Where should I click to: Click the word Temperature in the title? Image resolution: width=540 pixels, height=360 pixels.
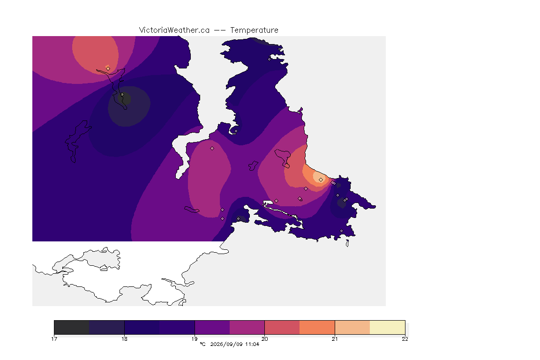pyautogui.click(x=254, y=30)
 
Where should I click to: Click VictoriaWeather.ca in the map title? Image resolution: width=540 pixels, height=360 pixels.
pyautogui.click(x=174, y=30)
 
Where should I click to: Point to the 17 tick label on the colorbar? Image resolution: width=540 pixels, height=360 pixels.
pyautogui.click(x=54, y=339)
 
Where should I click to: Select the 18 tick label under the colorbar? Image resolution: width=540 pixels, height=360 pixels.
pyautogui.click(x=124, y=339)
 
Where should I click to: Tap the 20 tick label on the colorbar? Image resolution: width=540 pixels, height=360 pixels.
pyautogui.click(x=264, y=339)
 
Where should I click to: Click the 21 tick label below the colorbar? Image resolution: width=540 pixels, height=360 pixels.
pyautogui.click(x=335, y=339)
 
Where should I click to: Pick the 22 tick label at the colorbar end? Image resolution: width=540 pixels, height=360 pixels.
pyautogui.click(x=405, y=339)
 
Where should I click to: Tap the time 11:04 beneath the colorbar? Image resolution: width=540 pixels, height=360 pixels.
pyautogui.click(x=252, y=344)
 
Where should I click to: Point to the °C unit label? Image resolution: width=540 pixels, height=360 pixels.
pyautogui.click(x=203, y=344)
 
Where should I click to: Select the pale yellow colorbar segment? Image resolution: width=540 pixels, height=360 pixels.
pyautogui.click(x=388, y=327)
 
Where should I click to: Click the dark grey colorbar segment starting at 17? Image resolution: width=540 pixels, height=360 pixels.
pyautogui.click(x=72, y=327)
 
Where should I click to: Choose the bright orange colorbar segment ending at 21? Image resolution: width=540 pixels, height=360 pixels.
pyautogui.click(x=317, y=327)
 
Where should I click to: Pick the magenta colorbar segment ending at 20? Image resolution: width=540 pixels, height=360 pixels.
pyautogui.click(x=247, y=327)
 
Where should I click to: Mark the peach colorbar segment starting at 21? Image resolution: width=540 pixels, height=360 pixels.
pyautogui.click(x=352, y=327)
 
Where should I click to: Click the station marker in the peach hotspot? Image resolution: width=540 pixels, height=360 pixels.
pyautogui.click(x=321, y=180)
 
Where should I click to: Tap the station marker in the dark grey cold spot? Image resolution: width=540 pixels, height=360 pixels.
pyautogui.click(x=122, y=94)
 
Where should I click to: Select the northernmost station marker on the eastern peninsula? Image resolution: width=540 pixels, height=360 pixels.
pyautogui.click(x=270, y=59)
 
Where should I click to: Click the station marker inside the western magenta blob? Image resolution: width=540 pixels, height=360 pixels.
pyautogui.click(x=212, y=149)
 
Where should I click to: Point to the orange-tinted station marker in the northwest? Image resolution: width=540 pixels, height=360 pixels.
pyautogui.click(x=108, y=68)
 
